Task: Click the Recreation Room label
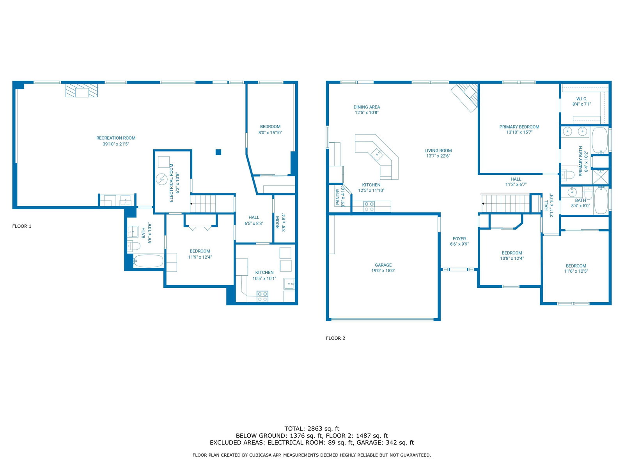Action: pyautogui.click(x=116, y=138)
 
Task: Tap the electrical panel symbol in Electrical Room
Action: pyautogui.click(x=161, y=179)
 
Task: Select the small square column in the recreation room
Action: pyautogui.click(x=218, y=152)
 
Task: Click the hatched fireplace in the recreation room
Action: pyautogui.click(x=82, y=90)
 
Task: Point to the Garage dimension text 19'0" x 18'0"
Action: pyautogui.click(x=383, y=271)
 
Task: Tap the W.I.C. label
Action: pyautogui.click(x=581, y=99)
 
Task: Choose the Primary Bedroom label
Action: pyautogui.click(x=519, y=127)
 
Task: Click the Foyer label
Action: pyautogui.click(x=459, y=239)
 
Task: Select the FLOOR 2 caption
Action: pyautogui.click(x=335, y=338)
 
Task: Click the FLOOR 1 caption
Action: pyautogui.click(x=21, y=226)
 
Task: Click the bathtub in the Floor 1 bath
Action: pyautogui.click(x=149, y=261)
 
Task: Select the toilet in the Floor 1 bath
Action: pyautogui.click(x=133, y=246)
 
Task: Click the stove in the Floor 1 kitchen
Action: pyautogui.click(x=262, y=297)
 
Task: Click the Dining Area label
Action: pyautogui.click(x=367, y=107)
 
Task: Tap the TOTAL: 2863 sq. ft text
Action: pyautogui.click(x=312, y=429)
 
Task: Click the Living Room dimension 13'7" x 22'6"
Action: pyautogui.click(x=438, y=156)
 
